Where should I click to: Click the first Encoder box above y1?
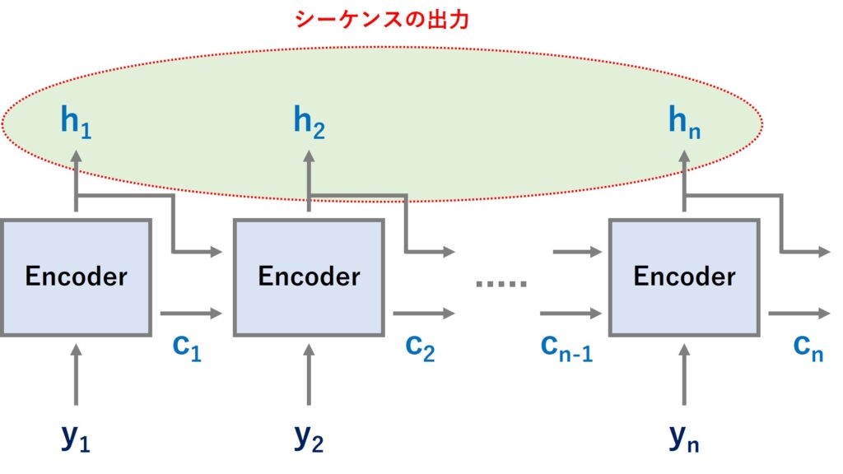tap(76, 276)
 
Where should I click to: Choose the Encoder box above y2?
tap(309, 276)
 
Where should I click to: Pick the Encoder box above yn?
tap(684, 276)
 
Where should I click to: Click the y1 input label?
tap(75, 438)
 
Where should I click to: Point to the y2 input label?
tap(309, 438)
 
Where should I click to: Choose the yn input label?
tap(684, 438)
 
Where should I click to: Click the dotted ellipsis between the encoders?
tap(501, 284)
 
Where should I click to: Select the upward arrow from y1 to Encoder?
tap(76, 374)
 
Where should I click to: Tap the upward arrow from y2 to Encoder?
tap(309, 374)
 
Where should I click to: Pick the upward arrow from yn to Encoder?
tap(684, 374)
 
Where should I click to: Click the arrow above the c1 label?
tap(191, 314)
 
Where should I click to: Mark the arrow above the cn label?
tap(799, 314)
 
